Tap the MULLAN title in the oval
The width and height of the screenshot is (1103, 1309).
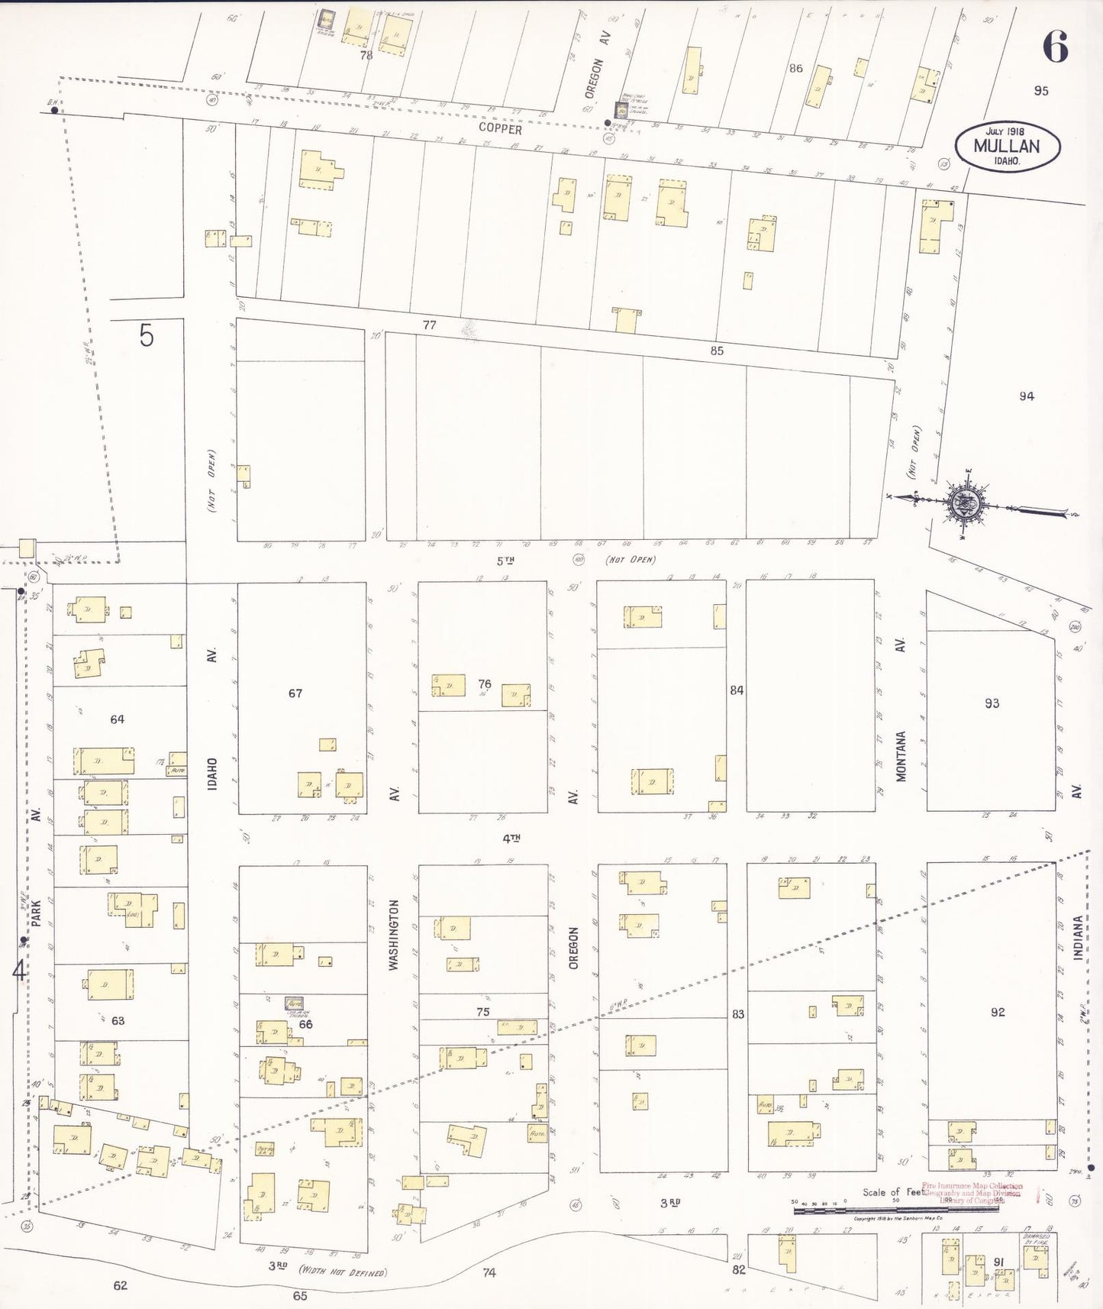(1006, 147)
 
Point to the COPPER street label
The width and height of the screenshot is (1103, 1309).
(500, 129)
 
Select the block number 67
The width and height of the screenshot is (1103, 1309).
(295, 693)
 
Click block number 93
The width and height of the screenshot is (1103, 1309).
(992, 703)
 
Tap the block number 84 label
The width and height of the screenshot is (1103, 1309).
(736, 690)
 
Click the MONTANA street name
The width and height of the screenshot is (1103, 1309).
(901, 756)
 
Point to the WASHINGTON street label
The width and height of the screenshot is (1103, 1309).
(394, 934)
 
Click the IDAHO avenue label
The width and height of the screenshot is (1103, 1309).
(212, 773)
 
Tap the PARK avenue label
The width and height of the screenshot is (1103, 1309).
(36, 913)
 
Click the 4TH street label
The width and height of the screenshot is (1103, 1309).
(511, 838)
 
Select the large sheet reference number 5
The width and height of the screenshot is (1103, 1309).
(147, 335)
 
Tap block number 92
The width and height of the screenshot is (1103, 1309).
(997, 1012)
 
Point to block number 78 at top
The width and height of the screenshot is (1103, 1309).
(366, 55)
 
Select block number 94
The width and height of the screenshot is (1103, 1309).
(1026, 396)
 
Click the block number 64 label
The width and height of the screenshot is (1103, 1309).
(117, 719)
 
